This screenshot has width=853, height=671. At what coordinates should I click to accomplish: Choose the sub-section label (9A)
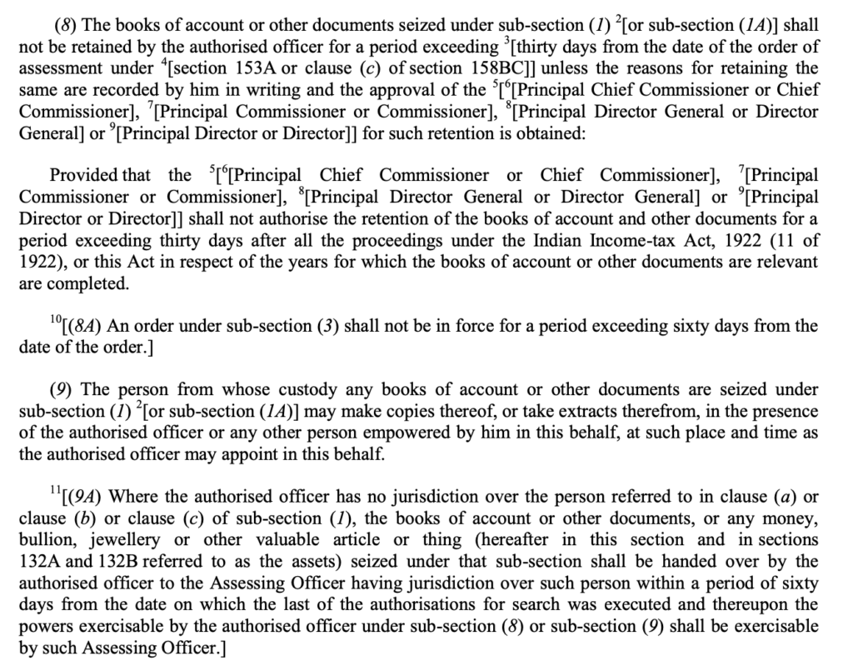pyautogui.click(x=88, y=498)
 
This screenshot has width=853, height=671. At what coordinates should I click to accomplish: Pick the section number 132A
pyautogui.click(x=42, y=562)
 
